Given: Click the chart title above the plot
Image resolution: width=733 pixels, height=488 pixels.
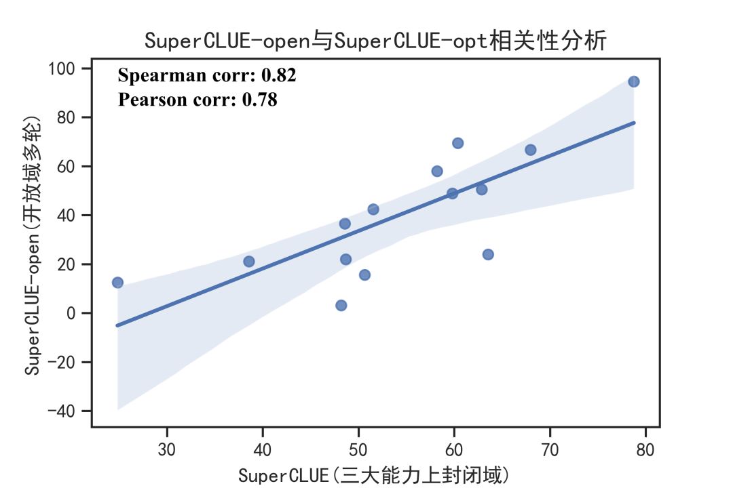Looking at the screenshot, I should tap(375, 41).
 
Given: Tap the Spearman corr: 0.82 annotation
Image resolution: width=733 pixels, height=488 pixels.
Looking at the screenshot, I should tap(207, 75).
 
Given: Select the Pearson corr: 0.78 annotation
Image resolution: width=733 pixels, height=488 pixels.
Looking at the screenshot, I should tap(198, 100).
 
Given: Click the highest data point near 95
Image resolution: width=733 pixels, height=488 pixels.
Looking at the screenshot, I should tap(633, 81).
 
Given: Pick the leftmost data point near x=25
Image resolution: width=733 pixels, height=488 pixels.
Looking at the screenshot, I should tap(117, 282).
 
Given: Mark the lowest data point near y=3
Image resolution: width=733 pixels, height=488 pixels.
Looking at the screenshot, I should tap(341, 305).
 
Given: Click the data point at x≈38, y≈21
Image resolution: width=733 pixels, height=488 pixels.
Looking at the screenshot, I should tap(248, 261).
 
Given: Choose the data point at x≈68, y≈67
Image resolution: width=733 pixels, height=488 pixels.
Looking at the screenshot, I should tap(530, 150).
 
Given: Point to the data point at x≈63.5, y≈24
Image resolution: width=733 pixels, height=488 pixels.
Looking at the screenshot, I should tap(487, 254).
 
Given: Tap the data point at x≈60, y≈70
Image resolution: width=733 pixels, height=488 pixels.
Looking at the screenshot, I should tap(457, 143).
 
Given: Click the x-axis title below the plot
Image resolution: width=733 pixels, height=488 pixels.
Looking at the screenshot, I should tap(373, 474).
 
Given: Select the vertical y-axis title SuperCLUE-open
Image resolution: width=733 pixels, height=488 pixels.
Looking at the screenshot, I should tap(34, 244).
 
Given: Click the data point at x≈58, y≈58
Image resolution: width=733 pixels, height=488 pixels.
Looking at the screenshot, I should tap(436, 171).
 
